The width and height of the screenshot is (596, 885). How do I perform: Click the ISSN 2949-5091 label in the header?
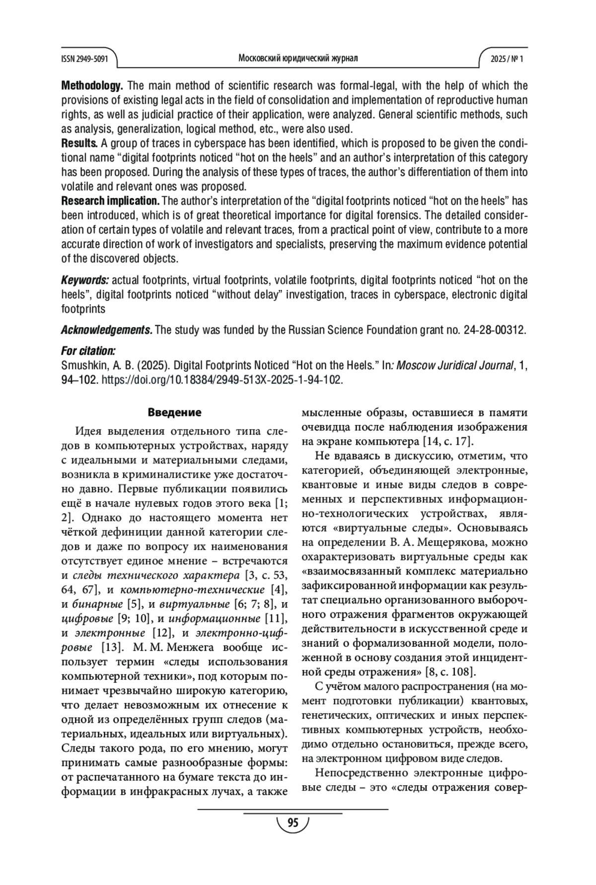(84, 59)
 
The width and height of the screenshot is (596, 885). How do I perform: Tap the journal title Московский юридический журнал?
(298, 59)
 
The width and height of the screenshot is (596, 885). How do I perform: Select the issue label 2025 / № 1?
(507, 59)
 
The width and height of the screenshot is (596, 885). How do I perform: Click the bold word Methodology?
(92, 86)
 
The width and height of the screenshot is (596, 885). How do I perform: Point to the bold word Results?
(79, 144)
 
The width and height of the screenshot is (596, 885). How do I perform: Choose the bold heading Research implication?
(110, 202)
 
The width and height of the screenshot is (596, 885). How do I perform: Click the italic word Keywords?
(85, 280)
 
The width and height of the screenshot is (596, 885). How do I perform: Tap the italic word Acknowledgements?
(107, 330)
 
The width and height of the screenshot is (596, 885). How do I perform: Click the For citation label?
(88, 351)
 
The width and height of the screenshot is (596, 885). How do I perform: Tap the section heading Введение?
(174, 412)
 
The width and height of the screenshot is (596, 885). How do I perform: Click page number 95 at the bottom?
(293, 823)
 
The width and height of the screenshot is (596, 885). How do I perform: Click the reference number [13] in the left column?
(112, 648)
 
